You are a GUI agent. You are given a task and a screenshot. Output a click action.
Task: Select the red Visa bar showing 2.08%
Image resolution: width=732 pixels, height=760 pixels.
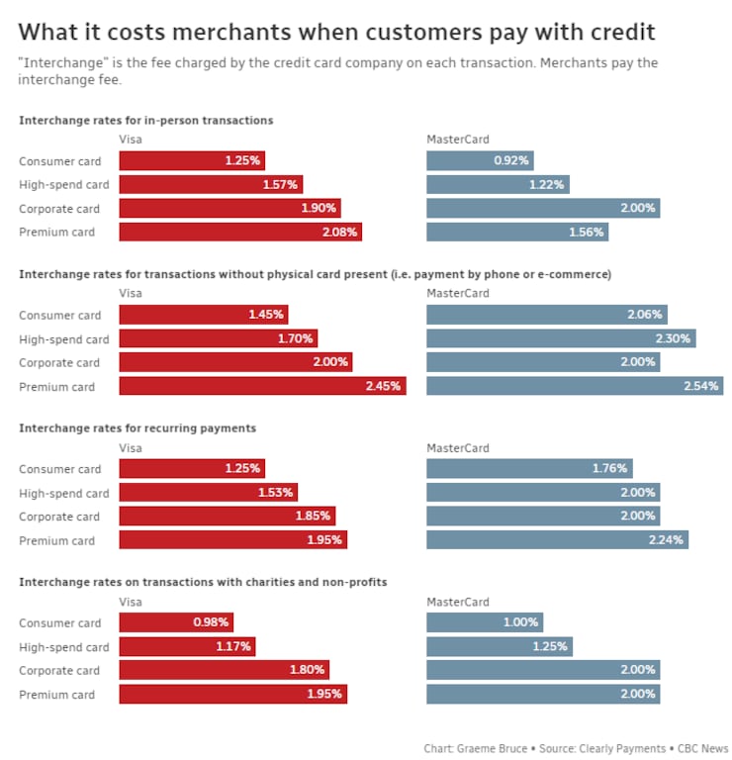(x=240, y=232)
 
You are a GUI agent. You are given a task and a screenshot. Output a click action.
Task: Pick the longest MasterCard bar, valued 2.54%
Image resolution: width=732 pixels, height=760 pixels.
(x=574, y=386)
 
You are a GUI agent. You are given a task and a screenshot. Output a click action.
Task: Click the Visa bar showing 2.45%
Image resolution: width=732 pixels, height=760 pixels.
(x=262, y=386)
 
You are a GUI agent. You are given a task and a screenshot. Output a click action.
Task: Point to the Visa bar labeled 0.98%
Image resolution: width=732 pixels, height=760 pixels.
(x=176, y=622)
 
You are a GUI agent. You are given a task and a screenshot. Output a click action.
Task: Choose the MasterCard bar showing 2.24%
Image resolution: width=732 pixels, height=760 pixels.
(x=557, y=540)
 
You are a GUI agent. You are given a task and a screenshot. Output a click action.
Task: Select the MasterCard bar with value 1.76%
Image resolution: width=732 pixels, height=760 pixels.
(x=529, y=469)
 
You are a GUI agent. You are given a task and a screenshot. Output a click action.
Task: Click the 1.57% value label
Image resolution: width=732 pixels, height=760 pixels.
(x=281, y=184)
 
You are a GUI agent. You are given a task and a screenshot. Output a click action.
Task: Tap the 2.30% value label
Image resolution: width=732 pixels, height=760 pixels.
(x=673, y=338)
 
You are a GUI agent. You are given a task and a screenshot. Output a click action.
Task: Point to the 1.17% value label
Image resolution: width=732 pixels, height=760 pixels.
(x=233, y=647)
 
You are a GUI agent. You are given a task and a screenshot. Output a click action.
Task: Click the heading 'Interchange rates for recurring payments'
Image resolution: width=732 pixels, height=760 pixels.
(x=137, y=427)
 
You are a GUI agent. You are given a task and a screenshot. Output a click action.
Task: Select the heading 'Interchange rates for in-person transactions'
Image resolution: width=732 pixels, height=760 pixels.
(x=146, y=120)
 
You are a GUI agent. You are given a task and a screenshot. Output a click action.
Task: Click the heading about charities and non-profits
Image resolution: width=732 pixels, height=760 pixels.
(x=203, y=582)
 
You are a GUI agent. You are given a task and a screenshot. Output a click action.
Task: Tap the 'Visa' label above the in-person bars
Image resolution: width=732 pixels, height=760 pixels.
(x=131, y=140)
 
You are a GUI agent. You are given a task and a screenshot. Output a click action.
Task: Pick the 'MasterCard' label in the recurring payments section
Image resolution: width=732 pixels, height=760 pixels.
(x=457, y=448)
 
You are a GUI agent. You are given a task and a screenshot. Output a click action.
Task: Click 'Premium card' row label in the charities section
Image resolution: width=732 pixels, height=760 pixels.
(x=57, y=695)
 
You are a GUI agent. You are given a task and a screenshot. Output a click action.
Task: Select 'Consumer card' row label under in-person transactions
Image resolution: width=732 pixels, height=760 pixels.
(x=60, y=160)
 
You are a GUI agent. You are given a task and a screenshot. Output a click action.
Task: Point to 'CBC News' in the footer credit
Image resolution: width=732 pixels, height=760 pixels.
(x=703, y=749)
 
